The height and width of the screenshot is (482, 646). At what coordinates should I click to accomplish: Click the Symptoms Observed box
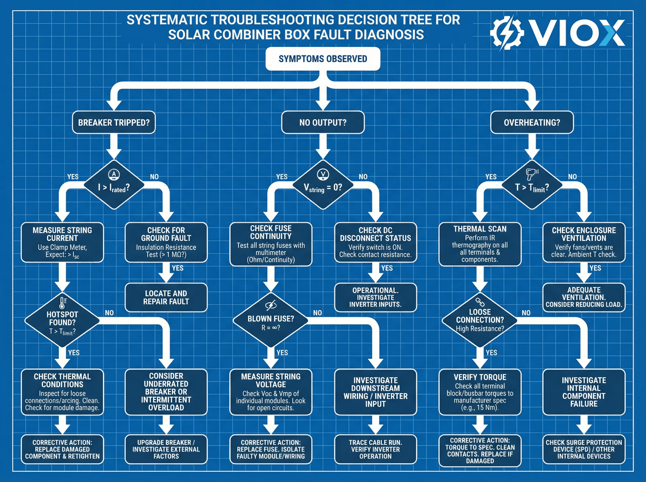[322, 59]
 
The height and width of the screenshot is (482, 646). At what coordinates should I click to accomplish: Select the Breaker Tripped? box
[114, 122]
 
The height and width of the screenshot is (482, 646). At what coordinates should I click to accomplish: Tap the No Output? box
[322, 122]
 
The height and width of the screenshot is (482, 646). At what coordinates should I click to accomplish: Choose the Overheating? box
[532, 122]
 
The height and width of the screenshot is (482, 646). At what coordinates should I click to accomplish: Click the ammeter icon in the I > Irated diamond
[114, 175]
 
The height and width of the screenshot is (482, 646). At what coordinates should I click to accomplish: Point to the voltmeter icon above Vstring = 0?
[323, 175]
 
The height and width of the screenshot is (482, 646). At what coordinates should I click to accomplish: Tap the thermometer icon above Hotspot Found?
[62, 303]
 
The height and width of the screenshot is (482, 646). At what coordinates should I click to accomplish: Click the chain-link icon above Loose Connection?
[480, 302]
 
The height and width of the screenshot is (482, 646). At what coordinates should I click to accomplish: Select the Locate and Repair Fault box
[166, 297]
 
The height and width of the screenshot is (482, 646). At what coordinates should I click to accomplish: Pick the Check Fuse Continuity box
[271, 244]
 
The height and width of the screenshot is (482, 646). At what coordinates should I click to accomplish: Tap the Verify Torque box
[480, 392]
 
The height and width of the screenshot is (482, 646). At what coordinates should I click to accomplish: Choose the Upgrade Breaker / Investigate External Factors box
[166, 449]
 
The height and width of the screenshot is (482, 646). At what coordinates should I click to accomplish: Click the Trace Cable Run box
[375, 449]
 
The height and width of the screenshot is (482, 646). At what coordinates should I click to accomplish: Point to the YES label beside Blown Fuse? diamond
[282, 352]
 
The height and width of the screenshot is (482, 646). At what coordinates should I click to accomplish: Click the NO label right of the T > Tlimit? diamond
[572, 176]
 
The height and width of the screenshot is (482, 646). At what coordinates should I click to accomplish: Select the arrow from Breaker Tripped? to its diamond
[114, 146]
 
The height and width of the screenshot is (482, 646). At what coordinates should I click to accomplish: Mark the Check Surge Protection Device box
[584, 449]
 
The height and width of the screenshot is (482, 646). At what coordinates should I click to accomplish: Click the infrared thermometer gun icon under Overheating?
[532, 174]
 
